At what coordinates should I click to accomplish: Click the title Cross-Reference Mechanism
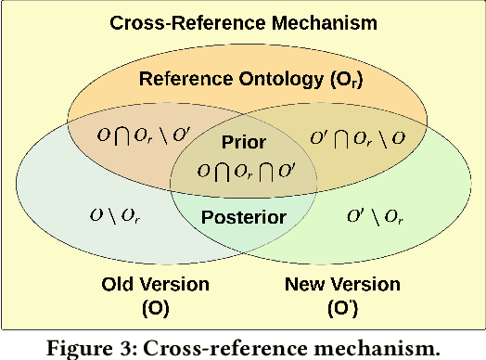242,22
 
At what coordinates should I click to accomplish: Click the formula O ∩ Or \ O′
142,135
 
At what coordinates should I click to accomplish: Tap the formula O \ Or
116,216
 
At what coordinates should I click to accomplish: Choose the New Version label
342,284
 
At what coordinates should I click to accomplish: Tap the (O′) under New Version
342,305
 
